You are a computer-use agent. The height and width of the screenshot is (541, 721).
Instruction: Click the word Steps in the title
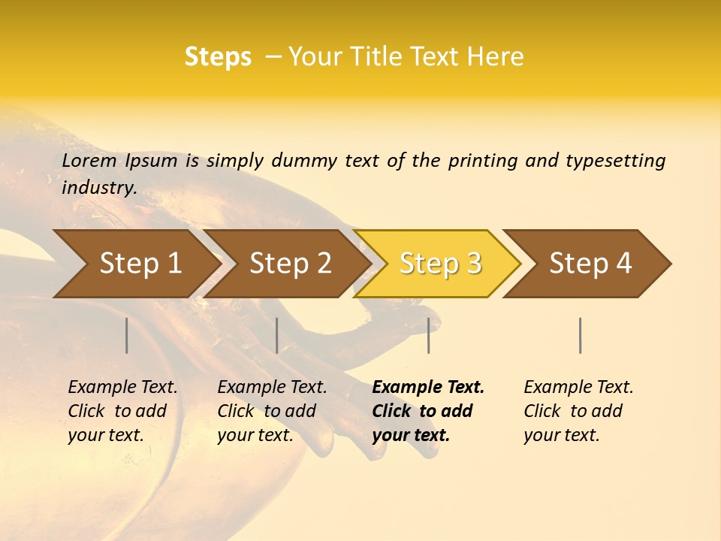point(218,57)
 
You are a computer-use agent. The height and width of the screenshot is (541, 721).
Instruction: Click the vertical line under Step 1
point(127,335)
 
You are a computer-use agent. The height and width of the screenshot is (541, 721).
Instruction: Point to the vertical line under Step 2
point(277,335)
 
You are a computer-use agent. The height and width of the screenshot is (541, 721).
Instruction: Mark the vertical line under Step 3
point(428,335)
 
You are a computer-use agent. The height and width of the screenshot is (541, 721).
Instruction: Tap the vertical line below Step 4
point(581,335)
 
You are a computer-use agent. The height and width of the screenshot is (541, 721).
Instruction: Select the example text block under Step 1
point(122,411)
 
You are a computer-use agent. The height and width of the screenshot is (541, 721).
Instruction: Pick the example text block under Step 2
point(272,411)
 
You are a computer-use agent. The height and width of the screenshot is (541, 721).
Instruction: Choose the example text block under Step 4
point(578,411)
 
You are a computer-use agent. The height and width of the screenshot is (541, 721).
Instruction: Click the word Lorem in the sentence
point(89,161)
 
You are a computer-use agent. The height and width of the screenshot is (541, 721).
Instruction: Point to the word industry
point(98,188)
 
